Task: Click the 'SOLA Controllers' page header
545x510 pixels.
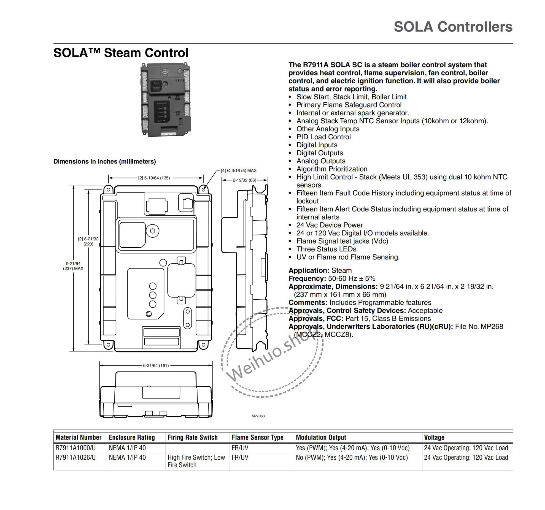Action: tap(453, 27)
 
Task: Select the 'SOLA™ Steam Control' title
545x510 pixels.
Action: tap(121, 53)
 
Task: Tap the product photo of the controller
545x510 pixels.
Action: tap(165, 99)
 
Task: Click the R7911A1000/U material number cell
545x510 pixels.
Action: tap(75, 448)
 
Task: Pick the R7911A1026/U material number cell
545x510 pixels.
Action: tap(75, 458)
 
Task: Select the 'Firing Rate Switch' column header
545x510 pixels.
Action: tap(193, 437)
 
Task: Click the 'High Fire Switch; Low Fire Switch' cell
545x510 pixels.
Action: tap(196, 461)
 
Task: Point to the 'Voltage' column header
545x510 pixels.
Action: tap(434, 437)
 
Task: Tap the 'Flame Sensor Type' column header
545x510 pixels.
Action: tap(257, 437)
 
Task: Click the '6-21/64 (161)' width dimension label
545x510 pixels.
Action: tap(156, 365)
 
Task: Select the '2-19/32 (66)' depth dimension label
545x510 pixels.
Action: tap(244, 180)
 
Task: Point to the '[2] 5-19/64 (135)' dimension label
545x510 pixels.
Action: tap(154, 178)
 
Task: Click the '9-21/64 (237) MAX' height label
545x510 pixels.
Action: tap(73, 266)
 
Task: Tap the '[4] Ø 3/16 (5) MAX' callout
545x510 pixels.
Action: tap(239, 171)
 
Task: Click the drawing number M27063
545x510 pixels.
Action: tap(258, 416)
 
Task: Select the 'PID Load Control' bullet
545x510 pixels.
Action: tap(323, 137)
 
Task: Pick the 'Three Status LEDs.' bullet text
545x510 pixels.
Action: tap(327, 249)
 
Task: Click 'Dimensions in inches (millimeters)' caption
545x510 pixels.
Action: tap(105, 161)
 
